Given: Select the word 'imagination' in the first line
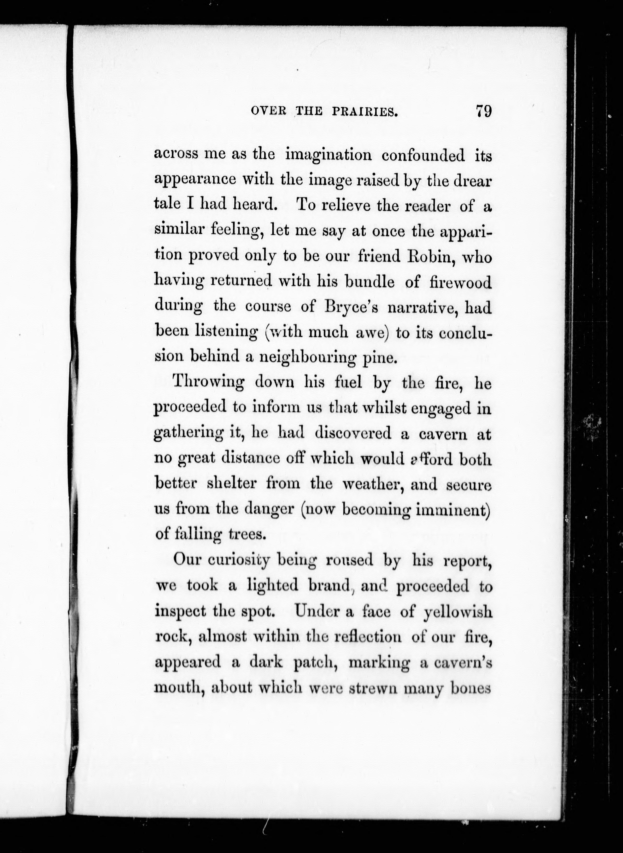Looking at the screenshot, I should (x=329, y=156).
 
